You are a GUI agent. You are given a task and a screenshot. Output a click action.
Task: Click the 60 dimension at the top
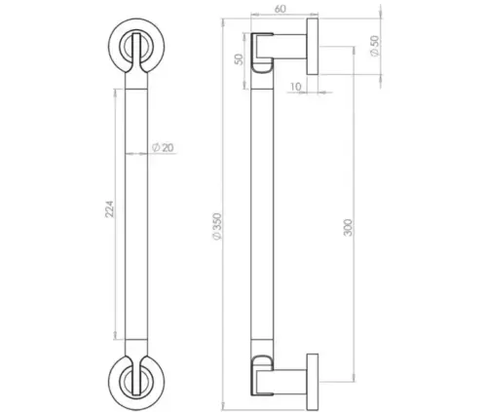[280, 9]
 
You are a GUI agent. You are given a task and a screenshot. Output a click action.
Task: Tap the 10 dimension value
[295, 86]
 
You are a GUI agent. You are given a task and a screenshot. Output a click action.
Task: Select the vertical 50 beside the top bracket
[238, 59]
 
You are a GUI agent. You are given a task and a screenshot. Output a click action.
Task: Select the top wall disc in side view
[313, 49]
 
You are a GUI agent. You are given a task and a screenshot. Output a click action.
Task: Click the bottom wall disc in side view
[313, 374]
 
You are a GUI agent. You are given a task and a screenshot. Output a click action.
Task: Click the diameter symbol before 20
[156, 148]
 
